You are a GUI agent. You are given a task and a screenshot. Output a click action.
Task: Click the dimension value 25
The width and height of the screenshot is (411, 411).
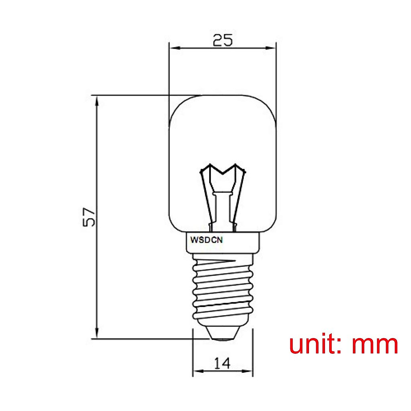click(223, 40)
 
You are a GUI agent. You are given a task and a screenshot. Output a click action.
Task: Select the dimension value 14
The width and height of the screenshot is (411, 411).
click(223, 363)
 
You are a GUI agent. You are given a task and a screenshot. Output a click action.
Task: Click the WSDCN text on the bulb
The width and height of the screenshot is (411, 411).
click(207, 240)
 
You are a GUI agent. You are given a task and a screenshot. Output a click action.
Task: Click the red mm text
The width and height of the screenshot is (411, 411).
click(375, 345)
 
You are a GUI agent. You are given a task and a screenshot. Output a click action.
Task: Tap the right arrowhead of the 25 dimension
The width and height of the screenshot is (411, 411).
click(272, 48)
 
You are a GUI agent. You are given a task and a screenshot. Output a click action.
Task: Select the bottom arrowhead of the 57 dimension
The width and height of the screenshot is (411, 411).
click(97, 333)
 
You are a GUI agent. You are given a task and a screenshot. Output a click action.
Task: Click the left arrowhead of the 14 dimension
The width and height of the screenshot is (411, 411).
click(197, 371)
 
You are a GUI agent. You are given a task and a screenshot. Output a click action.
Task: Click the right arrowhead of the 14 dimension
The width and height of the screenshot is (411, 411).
click(249, 371)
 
